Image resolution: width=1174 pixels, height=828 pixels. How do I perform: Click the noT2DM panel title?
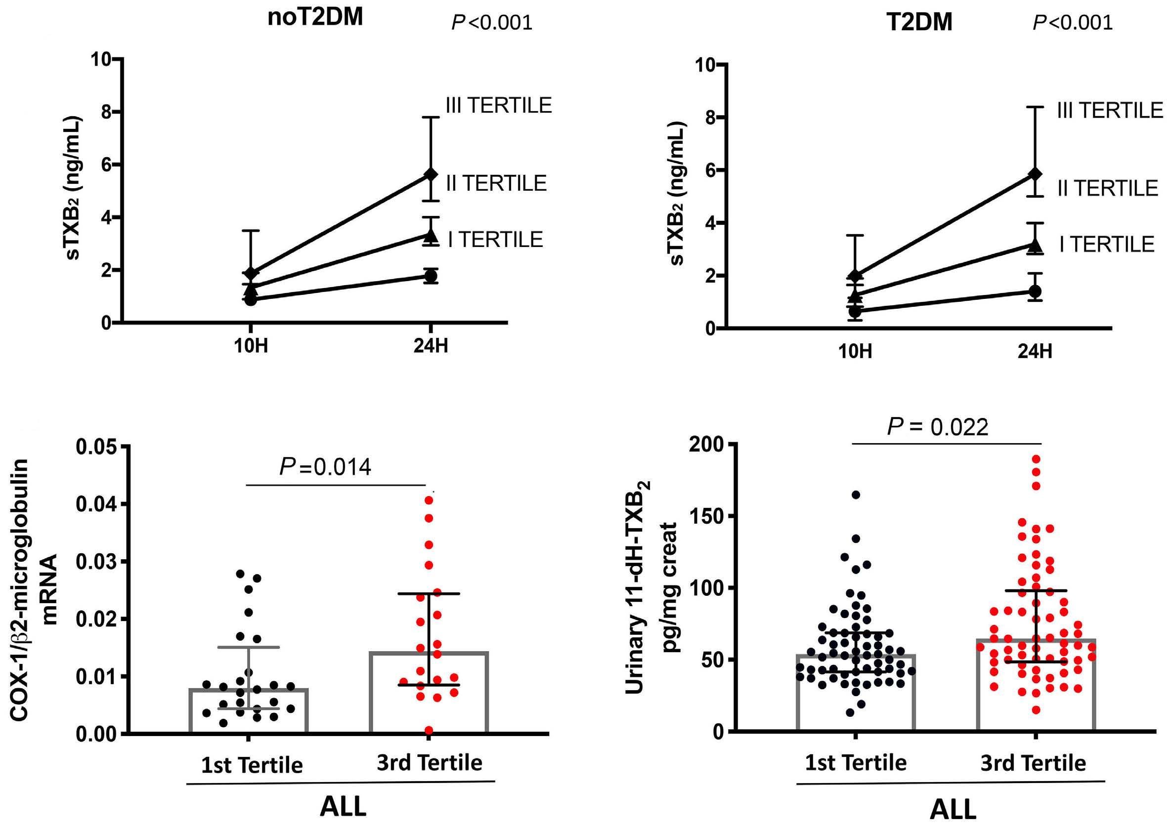[315, 18]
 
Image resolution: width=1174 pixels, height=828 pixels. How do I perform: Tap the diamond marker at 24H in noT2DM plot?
[431, 174]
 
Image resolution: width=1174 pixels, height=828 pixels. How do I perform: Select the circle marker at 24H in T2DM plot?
[1036, 291]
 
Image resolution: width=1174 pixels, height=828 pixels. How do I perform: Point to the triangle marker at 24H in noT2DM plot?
[431, 236]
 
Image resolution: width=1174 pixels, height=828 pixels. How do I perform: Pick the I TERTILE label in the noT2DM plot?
[495, 240]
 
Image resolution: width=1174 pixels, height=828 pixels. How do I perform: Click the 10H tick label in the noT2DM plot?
[251, 346]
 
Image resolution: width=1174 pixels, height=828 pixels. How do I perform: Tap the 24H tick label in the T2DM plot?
[1035, 352]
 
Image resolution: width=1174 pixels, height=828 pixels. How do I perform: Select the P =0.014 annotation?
[325, 467]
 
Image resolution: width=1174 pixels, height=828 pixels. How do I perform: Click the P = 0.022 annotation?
[937, 427]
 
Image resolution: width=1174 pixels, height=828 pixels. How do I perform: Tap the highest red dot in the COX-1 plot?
[429, 499]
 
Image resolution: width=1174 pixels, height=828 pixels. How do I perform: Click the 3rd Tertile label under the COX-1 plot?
[430, 763]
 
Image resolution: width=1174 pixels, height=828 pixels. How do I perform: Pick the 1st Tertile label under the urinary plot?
[856, 763]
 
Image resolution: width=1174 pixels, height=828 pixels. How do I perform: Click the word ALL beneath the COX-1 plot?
[343, 808]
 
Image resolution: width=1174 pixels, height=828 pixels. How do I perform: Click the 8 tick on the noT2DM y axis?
[106, 113]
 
